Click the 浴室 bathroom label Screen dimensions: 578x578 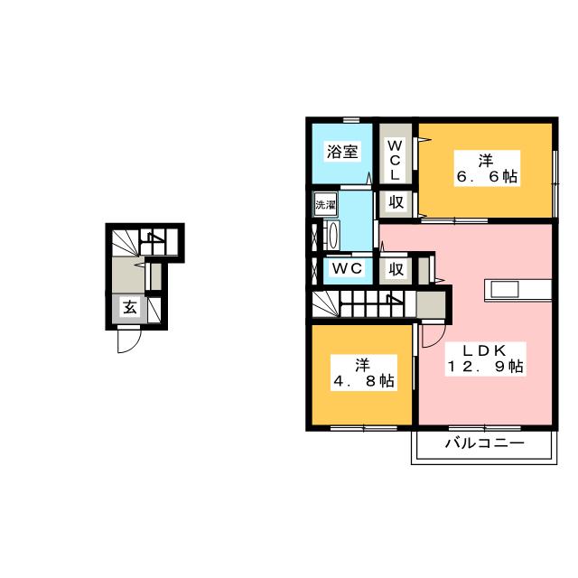pos(342,152)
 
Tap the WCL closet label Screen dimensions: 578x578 pos(395,160)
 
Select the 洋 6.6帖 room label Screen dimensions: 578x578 pos(487,169)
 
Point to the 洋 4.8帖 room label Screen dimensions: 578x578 pos(363,373)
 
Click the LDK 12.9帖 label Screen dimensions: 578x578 pos(485,359)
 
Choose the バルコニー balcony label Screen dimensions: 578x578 pos(484,443)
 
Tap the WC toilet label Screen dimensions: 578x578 pos(347,269)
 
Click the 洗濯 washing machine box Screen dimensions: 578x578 pos(325,205)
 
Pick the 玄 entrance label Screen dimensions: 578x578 pos(130,307)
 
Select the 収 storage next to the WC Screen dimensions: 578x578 pos(396,269)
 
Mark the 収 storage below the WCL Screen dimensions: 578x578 pos(396,202)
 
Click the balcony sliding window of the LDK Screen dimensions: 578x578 pos(484,428)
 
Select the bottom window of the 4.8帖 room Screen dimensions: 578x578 pos(363,428)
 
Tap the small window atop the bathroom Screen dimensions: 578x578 pos(351,119)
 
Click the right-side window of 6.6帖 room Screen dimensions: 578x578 pos(555,183)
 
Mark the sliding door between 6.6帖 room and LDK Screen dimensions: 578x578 pos(454,220)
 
